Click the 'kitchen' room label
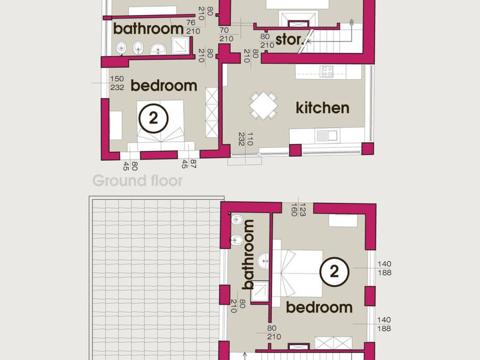(x=322, y=108)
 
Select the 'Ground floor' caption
(x=137, y=181)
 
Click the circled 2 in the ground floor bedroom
(x=154, y=118)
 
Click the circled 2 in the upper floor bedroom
(x=334, y=272)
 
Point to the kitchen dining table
(x=263, y=106)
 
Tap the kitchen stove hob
(x=326, y=71)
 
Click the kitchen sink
(x=326, y=136)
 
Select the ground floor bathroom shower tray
(x=180, y=46)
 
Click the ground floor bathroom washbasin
(x=158, y=49)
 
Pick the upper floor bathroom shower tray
(x=260, y=292)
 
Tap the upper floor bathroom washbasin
(x=263, y=261)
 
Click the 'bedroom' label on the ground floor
(x=164, y=85)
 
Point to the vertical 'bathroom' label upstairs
(x=248, y=254)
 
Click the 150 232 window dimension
(x=117, y=83)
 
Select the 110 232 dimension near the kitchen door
(x=246, y=139)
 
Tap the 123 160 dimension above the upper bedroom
(x=298, y=209)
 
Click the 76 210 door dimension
(x=193, y=27)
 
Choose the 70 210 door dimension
(x=226, y=35)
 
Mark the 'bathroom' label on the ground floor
(x=148, y=29)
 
